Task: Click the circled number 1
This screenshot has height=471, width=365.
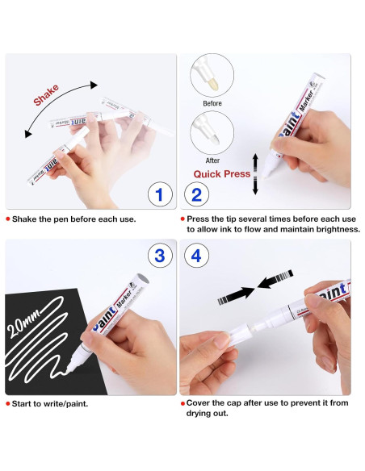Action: click(x=160, y=194)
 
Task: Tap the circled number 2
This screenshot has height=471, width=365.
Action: click(x=196, y=194)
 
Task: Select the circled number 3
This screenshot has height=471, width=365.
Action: click(x=160, y=256)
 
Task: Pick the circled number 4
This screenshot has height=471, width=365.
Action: click(x=196, y=256)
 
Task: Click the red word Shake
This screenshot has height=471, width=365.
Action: click(x=46, y=95)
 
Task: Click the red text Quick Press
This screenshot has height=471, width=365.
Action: click(x=221, y=174)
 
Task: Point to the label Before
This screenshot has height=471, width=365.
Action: click(x=212, y=103)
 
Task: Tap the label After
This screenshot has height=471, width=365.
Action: click(x=212, y=160)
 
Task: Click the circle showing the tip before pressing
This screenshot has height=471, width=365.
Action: click(x=212, y=75)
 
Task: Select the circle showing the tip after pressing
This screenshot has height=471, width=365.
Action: click(x=212, y=133)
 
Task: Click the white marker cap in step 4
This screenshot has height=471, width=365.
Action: click(x=239, y=334)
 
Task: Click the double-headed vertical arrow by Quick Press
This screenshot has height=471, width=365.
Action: click(x=255, y=174)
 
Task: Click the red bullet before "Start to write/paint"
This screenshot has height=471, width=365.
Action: click(x=8, y=404)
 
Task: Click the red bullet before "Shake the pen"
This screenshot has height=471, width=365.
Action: click(x=8, y=219)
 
